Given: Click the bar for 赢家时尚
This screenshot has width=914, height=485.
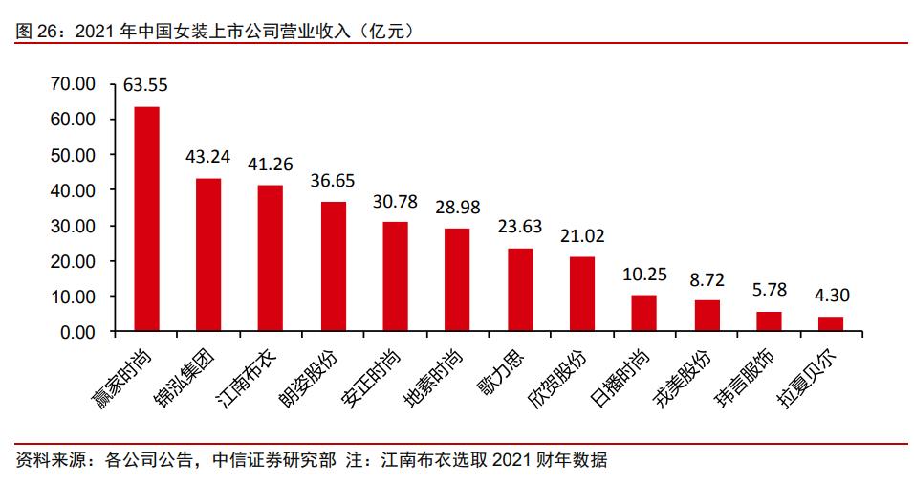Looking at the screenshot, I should pos(146,219).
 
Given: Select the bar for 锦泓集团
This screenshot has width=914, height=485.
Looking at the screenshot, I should pos(208,255).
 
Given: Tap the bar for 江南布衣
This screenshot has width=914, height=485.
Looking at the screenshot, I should pos(271,258).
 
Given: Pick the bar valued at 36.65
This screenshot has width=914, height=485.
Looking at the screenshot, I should pos(333,267).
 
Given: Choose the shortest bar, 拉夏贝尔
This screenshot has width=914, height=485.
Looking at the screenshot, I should pos(831,324).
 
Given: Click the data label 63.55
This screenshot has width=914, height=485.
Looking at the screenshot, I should pos(145,86).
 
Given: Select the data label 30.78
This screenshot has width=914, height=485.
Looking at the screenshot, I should pos(395,202).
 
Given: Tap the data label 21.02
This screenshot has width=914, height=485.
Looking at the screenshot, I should pos(581,236).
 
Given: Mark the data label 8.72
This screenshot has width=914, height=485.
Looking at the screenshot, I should pos(707,279).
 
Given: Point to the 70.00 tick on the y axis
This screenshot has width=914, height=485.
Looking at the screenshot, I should pos(73,84).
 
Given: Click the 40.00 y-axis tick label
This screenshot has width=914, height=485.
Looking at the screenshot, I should pos(73,190).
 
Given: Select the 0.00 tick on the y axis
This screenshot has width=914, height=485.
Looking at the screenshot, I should pos(76,332).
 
